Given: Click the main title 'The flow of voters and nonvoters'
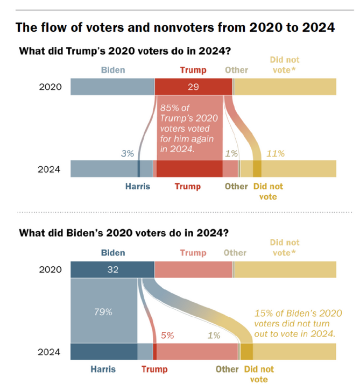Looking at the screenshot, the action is point(115,27).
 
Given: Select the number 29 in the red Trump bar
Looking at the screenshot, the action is point(193,87).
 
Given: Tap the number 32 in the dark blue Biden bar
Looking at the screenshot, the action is point(113,269).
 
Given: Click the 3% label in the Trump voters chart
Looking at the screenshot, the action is point(128,153).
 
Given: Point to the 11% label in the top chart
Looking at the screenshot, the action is point(276,153).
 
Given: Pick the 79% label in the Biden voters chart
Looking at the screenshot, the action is point(103,312).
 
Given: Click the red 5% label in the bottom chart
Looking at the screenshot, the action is point(167,336).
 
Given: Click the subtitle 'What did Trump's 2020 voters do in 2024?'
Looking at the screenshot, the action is point(125,51).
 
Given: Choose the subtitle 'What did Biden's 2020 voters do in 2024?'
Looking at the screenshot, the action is point(124,233).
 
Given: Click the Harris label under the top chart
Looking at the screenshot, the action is point(138,186).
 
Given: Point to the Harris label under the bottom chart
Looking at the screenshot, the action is point(103,369).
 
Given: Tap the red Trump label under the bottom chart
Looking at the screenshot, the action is point(154,369).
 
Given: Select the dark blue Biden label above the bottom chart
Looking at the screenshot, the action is point(113,253).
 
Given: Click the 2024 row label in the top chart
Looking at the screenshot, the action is point(49,169).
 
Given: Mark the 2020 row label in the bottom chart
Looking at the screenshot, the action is point(50,269).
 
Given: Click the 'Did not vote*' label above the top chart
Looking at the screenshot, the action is point(285,65).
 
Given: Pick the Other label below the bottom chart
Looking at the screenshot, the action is point(227,369).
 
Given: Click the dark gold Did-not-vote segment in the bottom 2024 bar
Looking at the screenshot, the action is point(246,351).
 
